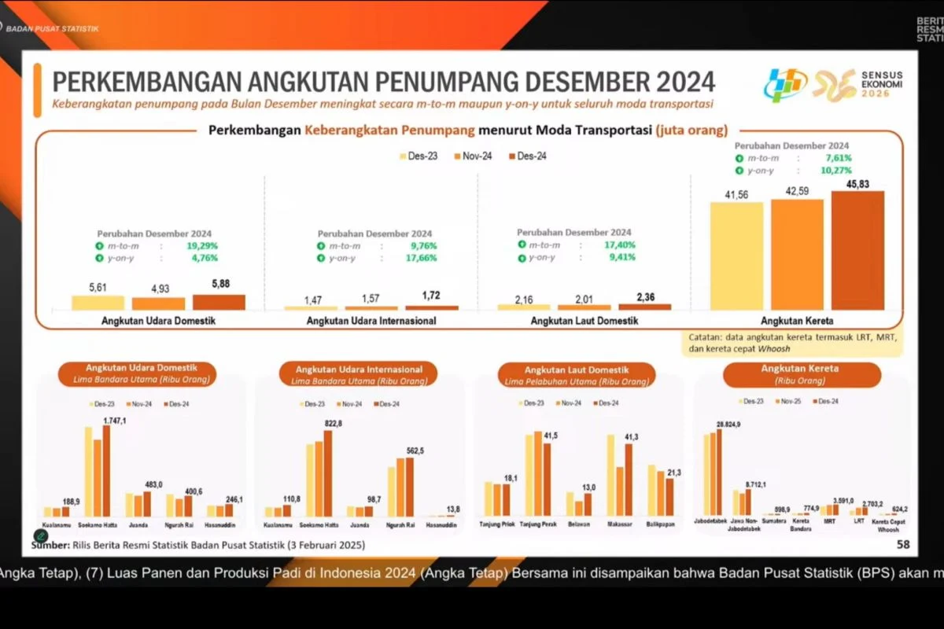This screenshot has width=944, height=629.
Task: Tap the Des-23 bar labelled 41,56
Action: click(736, 256)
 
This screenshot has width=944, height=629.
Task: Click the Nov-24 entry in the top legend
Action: click(474, 156)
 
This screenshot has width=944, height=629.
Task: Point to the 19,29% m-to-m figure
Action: click(201, 246)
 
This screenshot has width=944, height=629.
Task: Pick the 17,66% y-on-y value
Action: click(422, 258)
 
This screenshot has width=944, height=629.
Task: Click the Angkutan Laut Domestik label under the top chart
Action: click(584, 321)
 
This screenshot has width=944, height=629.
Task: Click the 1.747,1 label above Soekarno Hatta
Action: click(115, 421)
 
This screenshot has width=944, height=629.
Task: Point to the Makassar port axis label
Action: click(619, 523)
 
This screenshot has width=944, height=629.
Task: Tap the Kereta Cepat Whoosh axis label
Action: click(890, 526)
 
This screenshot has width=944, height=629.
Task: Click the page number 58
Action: click(903, 544)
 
